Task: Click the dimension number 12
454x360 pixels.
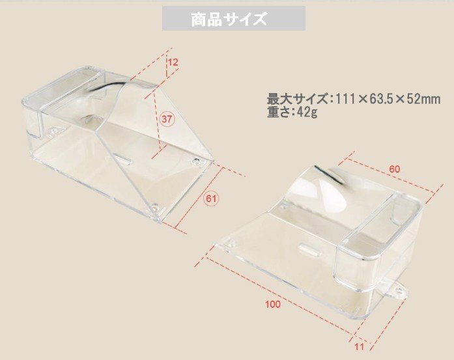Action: tap(173, 62)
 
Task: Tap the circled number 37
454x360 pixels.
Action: tap(167, 118)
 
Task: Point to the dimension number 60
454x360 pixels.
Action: tap(395, 169)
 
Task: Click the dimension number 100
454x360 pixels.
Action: tap(274, 305)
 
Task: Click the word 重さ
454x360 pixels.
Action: tap(278, 112)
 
